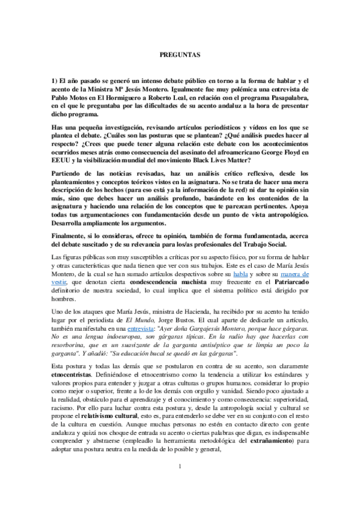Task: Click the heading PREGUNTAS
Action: click(180, 55)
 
